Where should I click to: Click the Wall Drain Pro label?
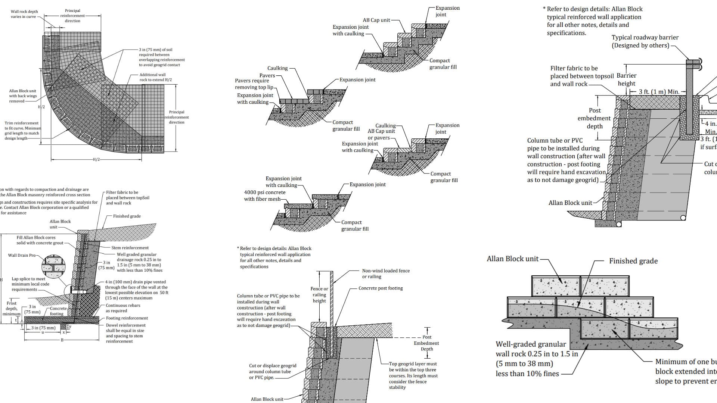(x=22, y=256)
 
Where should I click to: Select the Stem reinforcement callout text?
(x=130, y=248)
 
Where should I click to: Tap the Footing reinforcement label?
(x=127, y=318)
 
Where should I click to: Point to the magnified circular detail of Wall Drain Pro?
(x=53, y=268)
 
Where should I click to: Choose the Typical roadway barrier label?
(x=645, y=41)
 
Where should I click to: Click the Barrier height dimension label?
(x=626, y=79)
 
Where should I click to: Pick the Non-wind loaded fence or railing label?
(x=386, y=274)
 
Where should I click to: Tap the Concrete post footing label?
(x=381, y=288)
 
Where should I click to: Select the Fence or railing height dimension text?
(x=319, y=295)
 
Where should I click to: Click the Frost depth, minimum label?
(x=12, y=309)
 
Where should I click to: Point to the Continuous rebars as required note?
(x=123, y=308)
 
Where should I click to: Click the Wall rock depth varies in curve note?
(x=24, y=14)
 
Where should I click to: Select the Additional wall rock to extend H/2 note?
(x=156, y=77)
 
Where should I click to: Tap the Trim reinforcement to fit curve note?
(x=22, y=131)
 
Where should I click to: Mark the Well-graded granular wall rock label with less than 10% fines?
(x=536, y=359)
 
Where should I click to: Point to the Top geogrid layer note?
(x=413, y=375)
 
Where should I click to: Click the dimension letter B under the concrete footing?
(x=62, y=340)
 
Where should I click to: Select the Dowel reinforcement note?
(x=125, y=333)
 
